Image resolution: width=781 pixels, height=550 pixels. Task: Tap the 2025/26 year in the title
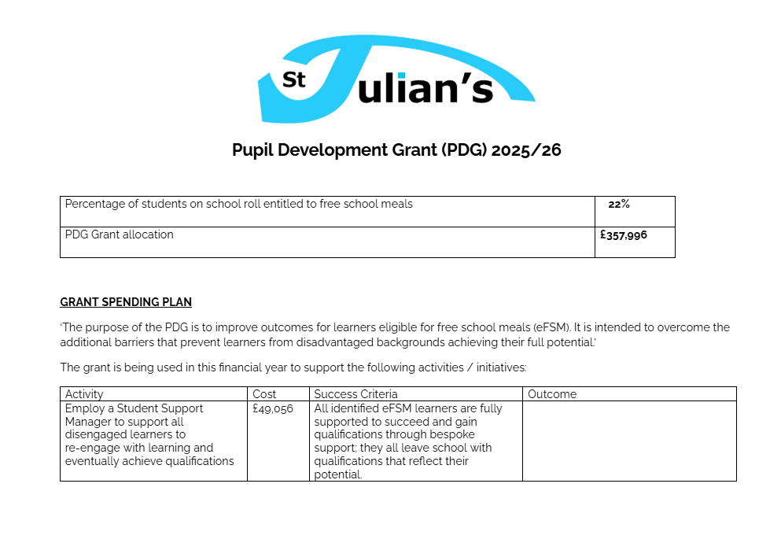(526, 150)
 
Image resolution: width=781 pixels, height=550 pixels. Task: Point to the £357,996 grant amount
(624, 234)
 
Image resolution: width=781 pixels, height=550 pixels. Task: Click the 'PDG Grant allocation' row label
(120, 234)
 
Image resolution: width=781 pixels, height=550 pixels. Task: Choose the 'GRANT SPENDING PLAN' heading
(126, 302)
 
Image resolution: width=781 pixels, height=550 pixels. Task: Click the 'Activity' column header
(84, 394)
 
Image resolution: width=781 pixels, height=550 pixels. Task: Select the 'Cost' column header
(264, 394)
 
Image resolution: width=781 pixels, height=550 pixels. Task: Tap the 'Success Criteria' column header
(356, 394)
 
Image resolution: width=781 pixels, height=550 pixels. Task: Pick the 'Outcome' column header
(552, 394)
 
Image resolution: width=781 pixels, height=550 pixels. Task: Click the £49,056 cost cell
(273, 409)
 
